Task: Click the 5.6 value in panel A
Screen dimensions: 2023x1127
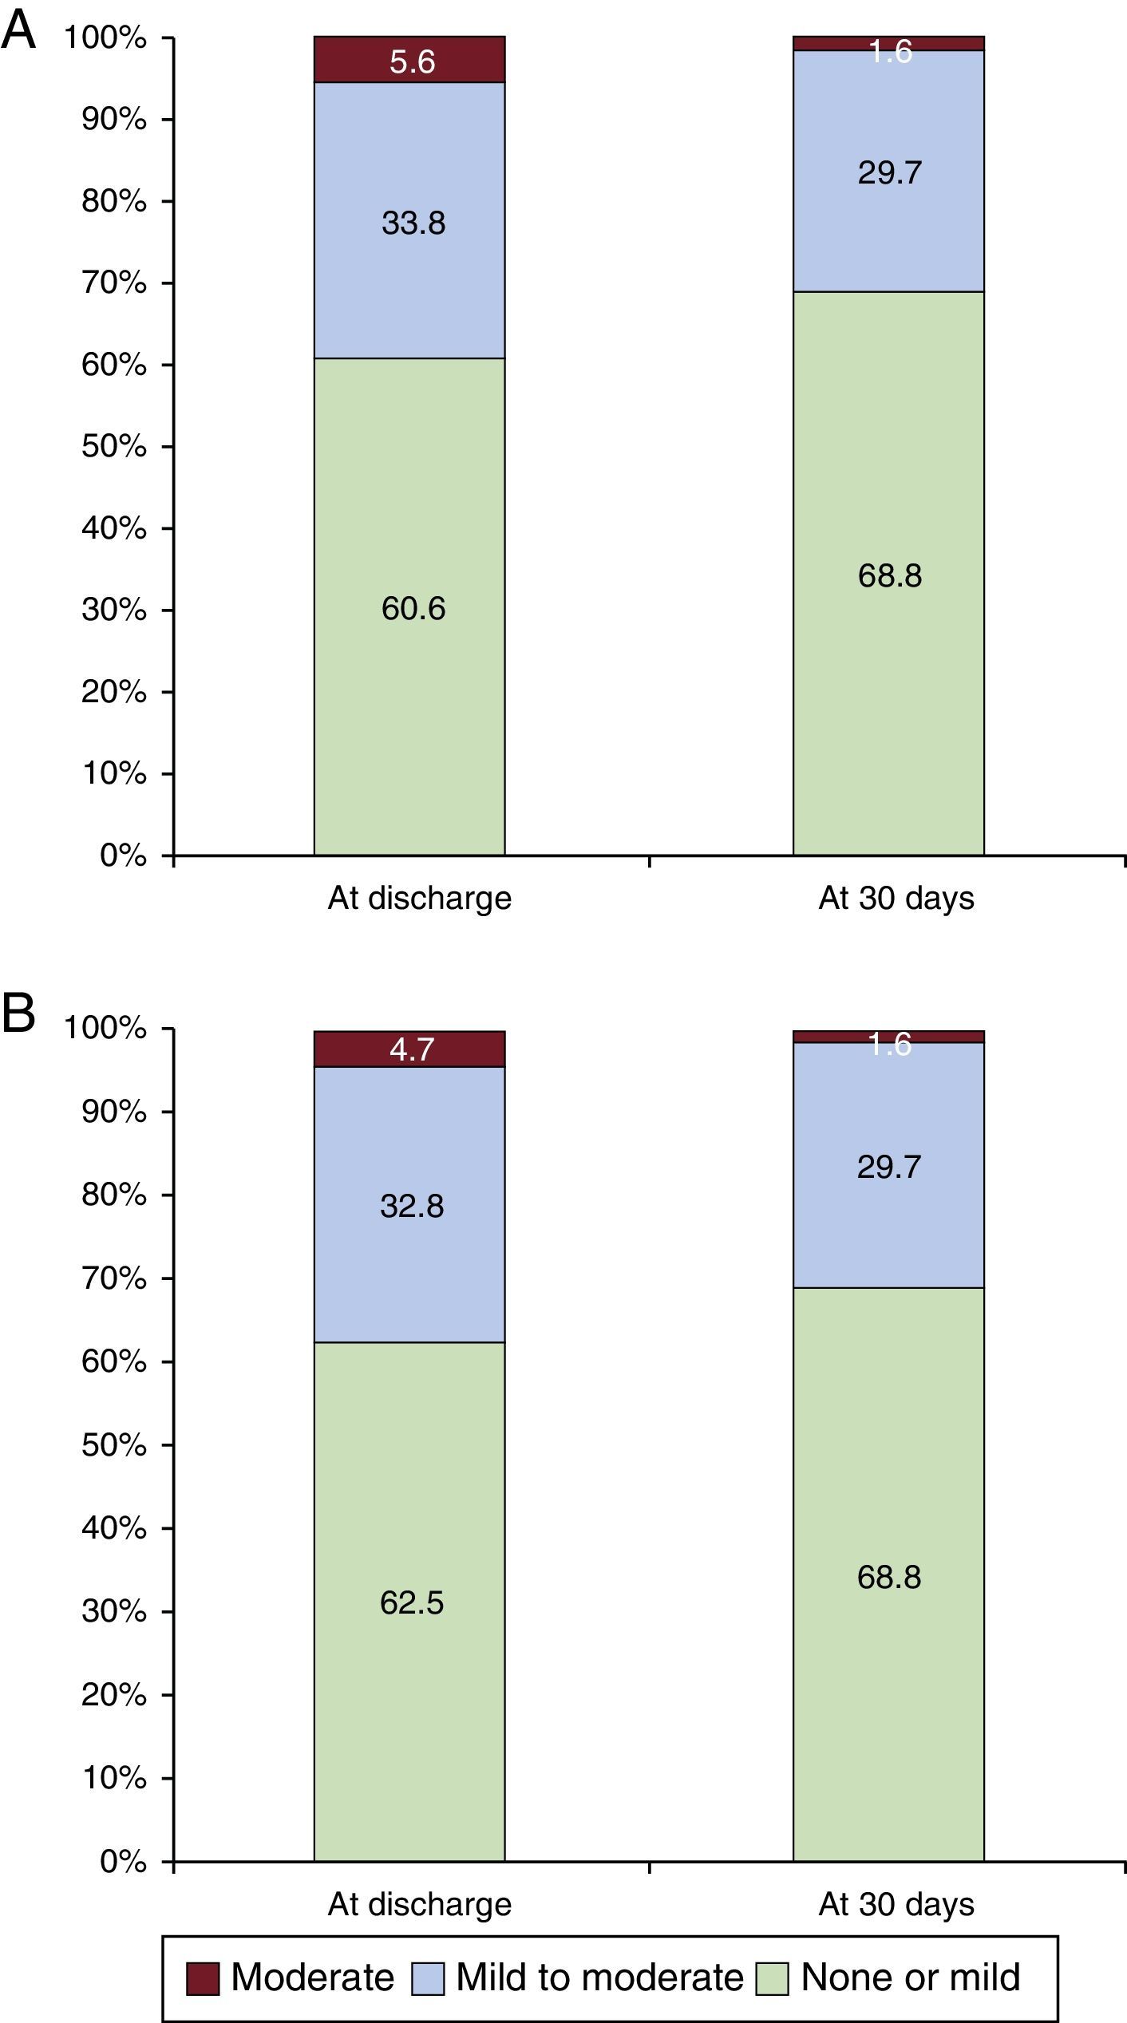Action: click(x=412, y=62)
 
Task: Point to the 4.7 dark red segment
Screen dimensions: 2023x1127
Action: click(x=412, y=1049)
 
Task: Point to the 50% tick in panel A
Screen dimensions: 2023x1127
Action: click(x=114, y=447)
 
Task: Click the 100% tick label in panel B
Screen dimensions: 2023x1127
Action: click(x=105, y=1029)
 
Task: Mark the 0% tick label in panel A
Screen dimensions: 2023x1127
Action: click(x=124, y=856)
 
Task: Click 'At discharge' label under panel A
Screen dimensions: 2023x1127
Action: click(x=419, y=899)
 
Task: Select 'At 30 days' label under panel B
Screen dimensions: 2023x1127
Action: click(x=896, y=1905)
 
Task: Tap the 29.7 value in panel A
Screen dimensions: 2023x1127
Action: click(x=890, y=172)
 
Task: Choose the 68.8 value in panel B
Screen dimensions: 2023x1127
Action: click(x=889, y=1578)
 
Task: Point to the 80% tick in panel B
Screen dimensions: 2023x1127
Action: click(x=114, y=1195)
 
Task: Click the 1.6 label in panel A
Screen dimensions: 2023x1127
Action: click(x=890, y=52)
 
